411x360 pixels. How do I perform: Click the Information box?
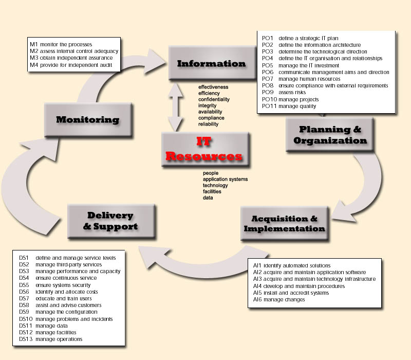211,64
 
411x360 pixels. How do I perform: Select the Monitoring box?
87,120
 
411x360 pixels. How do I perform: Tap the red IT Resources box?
205,149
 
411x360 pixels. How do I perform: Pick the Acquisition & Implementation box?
284,223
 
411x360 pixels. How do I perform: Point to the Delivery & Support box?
110,221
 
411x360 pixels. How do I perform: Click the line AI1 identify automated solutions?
292,266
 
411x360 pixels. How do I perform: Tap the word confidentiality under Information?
214,99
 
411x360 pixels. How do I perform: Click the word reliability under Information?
209,124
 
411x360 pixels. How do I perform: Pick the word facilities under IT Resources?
212,191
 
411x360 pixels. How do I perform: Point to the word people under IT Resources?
211,173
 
